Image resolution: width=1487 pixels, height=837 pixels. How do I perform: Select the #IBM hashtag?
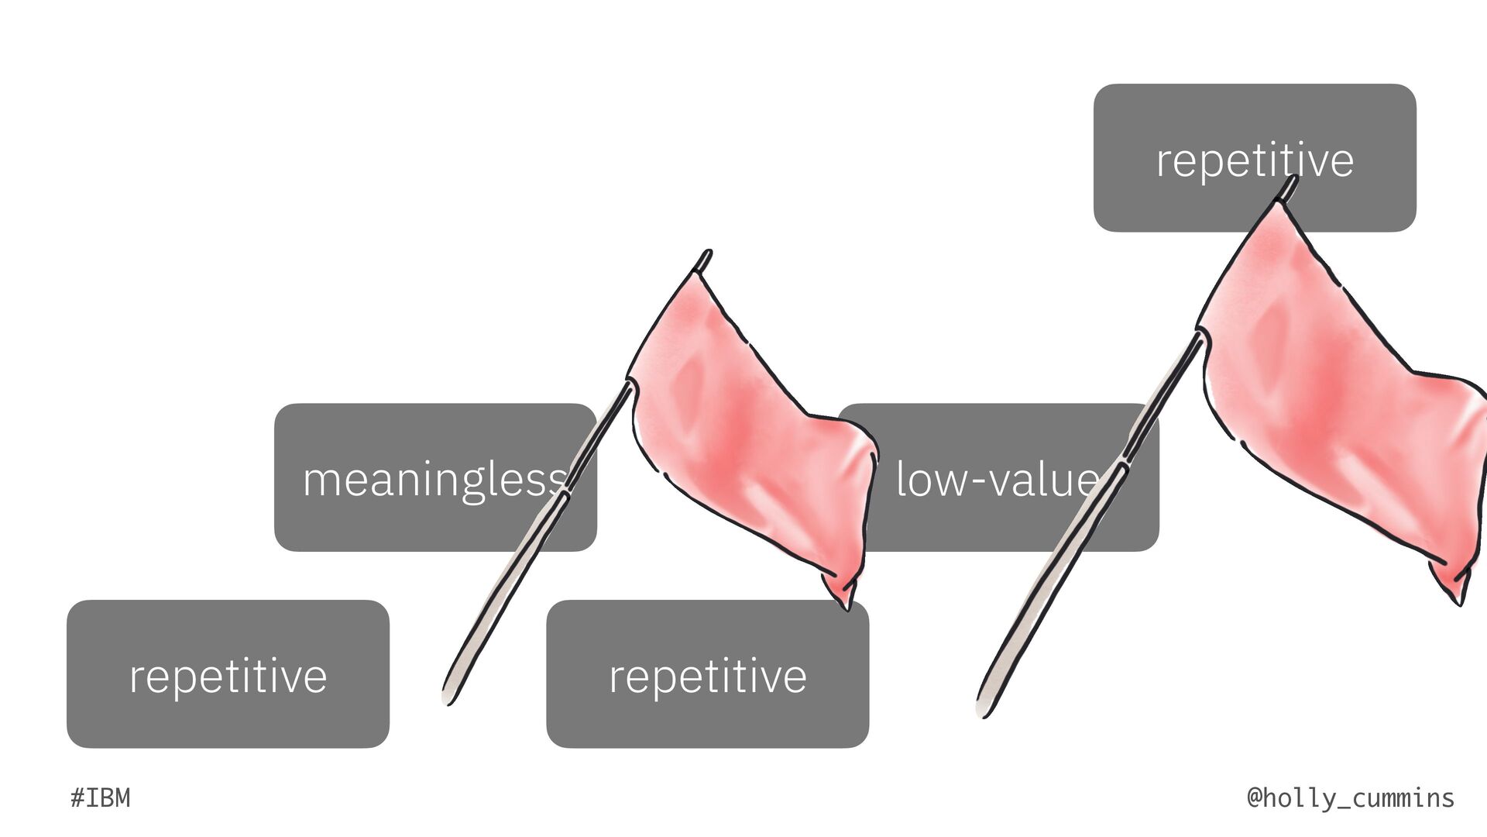point(101,797)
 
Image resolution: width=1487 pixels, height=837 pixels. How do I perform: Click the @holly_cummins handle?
point(1351,797)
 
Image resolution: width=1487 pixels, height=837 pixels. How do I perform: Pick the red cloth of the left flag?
point(743,434)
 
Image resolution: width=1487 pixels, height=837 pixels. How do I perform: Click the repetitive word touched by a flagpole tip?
point(1255,160)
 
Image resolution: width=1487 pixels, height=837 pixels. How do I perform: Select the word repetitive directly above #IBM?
point(228,676)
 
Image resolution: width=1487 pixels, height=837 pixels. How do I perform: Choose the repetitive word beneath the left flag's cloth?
point(707,676)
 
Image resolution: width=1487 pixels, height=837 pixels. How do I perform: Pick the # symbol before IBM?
point(77,797)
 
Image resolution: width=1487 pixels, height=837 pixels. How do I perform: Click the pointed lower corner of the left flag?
point(846,606)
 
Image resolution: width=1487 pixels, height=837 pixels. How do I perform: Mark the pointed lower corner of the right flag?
point(1460,601)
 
